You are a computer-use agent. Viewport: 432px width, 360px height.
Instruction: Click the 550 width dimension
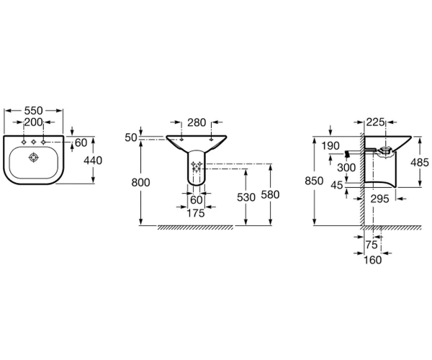(34, 111)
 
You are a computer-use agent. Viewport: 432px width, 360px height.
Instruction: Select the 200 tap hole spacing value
(34, 122)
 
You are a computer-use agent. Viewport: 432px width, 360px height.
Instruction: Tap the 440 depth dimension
(93, 161)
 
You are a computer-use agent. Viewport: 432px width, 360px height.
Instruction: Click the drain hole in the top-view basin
(34, 158)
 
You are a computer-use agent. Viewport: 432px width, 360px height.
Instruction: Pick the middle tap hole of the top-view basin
(34, 142)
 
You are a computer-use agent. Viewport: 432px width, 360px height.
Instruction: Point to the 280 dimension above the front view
(197, 122)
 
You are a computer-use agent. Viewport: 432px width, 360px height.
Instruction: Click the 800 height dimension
(140, 182)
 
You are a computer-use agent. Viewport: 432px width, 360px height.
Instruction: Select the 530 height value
(246, 197)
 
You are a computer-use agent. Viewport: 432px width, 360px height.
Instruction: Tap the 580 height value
(270, 194)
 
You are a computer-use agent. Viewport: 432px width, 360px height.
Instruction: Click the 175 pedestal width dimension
(196, 213)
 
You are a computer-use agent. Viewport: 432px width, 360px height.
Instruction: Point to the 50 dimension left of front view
(131, 138)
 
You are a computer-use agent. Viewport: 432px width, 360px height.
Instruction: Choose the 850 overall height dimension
(314, 181)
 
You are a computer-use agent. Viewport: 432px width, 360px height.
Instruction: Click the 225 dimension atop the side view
(375, 122)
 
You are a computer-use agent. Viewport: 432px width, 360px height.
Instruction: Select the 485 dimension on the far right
(420, 163)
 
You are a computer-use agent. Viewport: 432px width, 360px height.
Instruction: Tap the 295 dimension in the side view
(379, 199)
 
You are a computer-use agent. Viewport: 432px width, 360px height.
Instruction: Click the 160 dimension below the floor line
(373, 260)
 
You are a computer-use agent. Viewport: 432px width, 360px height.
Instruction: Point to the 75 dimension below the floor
(372, 245)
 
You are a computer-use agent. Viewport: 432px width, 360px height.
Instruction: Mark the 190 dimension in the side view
(330, 145)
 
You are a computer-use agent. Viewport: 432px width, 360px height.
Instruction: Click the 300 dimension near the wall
(346, 167)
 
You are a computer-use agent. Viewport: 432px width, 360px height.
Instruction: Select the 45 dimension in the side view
(337, 185)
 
